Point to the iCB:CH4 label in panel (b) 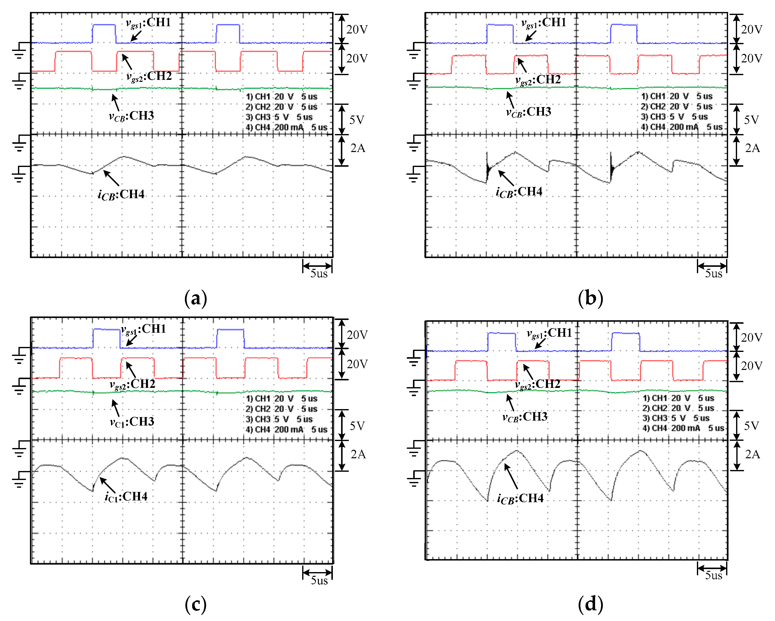519,192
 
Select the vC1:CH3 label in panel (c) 132,421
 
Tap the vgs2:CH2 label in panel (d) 537,384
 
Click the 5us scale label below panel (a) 319,274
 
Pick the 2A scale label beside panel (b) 752,148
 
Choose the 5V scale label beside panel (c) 357,426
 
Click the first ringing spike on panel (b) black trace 487,165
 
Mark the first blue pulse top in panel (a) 104,25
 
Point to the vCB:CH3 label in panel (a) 131,116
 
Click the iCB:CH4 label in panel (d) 520,498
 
